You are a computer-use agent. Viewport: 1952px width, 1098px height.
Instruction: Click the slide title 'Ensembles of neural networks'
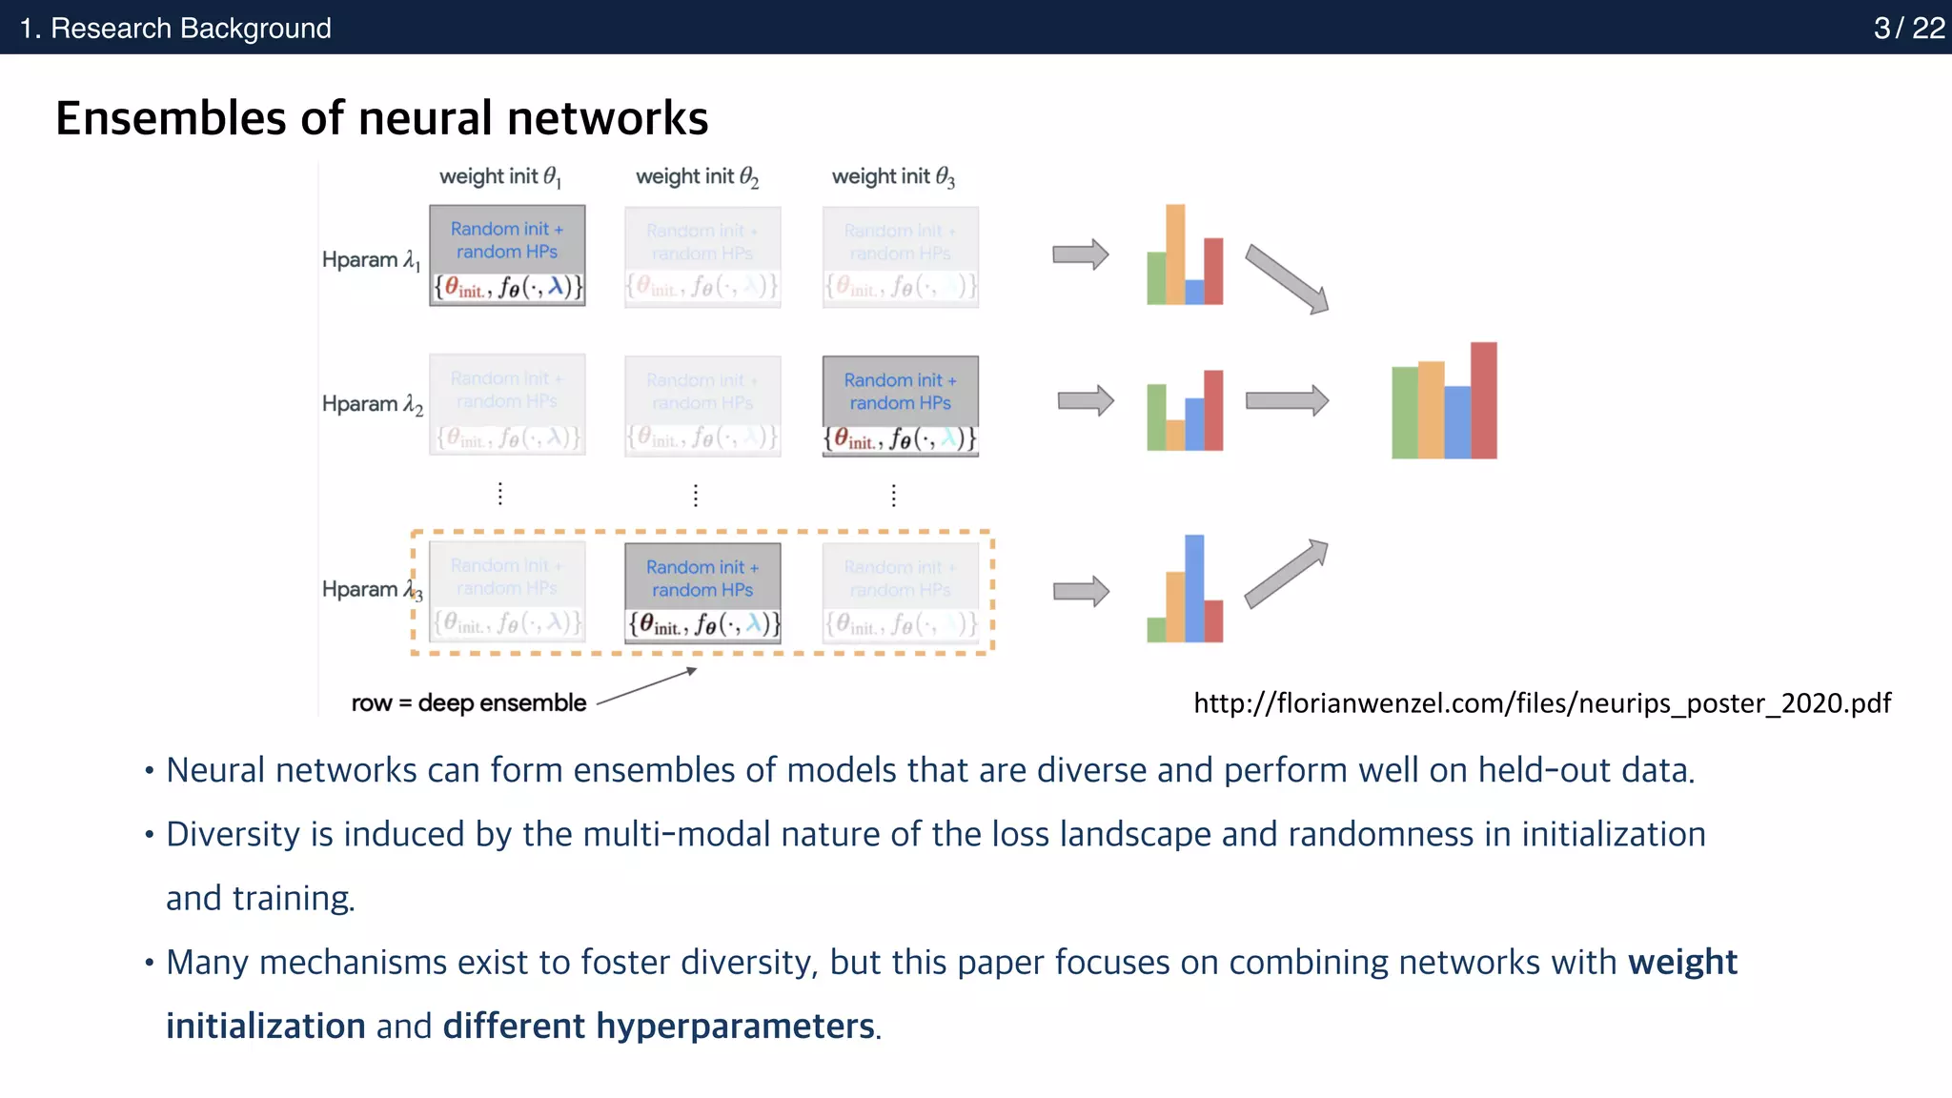click(381, 118)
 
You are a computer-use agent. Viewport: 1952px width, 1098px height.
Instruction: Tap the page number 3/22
click(1908, 28)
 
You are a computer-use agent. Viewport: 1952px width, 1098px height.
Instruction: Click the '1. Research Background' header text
click(175, 28)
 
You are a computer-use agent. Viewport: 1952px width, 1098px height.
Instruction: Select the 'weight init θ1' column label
click(499, 176)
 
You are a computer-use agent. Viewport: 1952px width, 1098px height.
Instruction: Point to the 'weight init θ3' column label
click(892, 176)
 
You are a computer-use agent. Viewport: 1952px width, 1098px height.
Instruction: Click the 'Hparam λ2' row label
click(372, 404)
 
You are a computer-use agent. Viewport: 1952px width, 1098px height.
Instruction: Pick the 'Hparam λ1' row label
click(371, 260)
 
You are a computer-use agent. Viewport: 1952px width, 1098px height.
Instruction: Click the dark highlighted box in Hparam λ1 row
click(507, 254)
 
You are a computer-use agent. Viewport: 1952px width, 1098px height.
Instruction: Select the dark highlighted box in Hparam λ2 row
click(900, 406)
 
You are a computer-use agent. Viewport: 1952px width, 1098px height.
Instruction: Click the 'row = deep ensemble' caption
click(468, 703)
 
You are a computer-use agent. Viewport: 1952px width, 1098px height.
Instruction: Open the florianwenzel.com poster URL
click(1541, 703)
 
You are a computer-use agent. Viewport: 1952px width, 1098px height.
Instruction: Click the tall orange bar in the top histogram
click(1175, 254)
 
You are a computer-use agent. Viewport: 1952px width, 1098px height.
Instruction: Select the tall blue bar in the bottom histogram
click(1194, 587)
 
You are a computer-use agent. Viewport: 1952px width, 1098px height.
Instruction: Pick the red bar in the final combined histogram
click(1483, 400)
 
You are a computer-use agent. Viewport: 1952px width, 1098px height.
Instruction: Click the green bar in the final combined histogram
click(1404, 412)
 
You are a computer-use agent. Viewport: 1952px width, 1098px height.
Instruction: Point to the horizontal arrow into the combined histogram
click(1287, 400)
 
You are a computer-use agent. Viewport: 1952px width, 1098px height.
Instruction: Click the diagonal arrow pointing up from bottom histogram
click(1286, 574)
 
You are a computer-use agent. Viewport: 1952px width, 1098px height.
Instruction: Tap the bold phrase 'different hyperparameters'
click(658, 1027)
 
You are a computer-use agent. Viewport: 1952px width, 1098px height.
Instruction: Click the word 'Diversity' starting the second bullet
click(233, 834)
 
